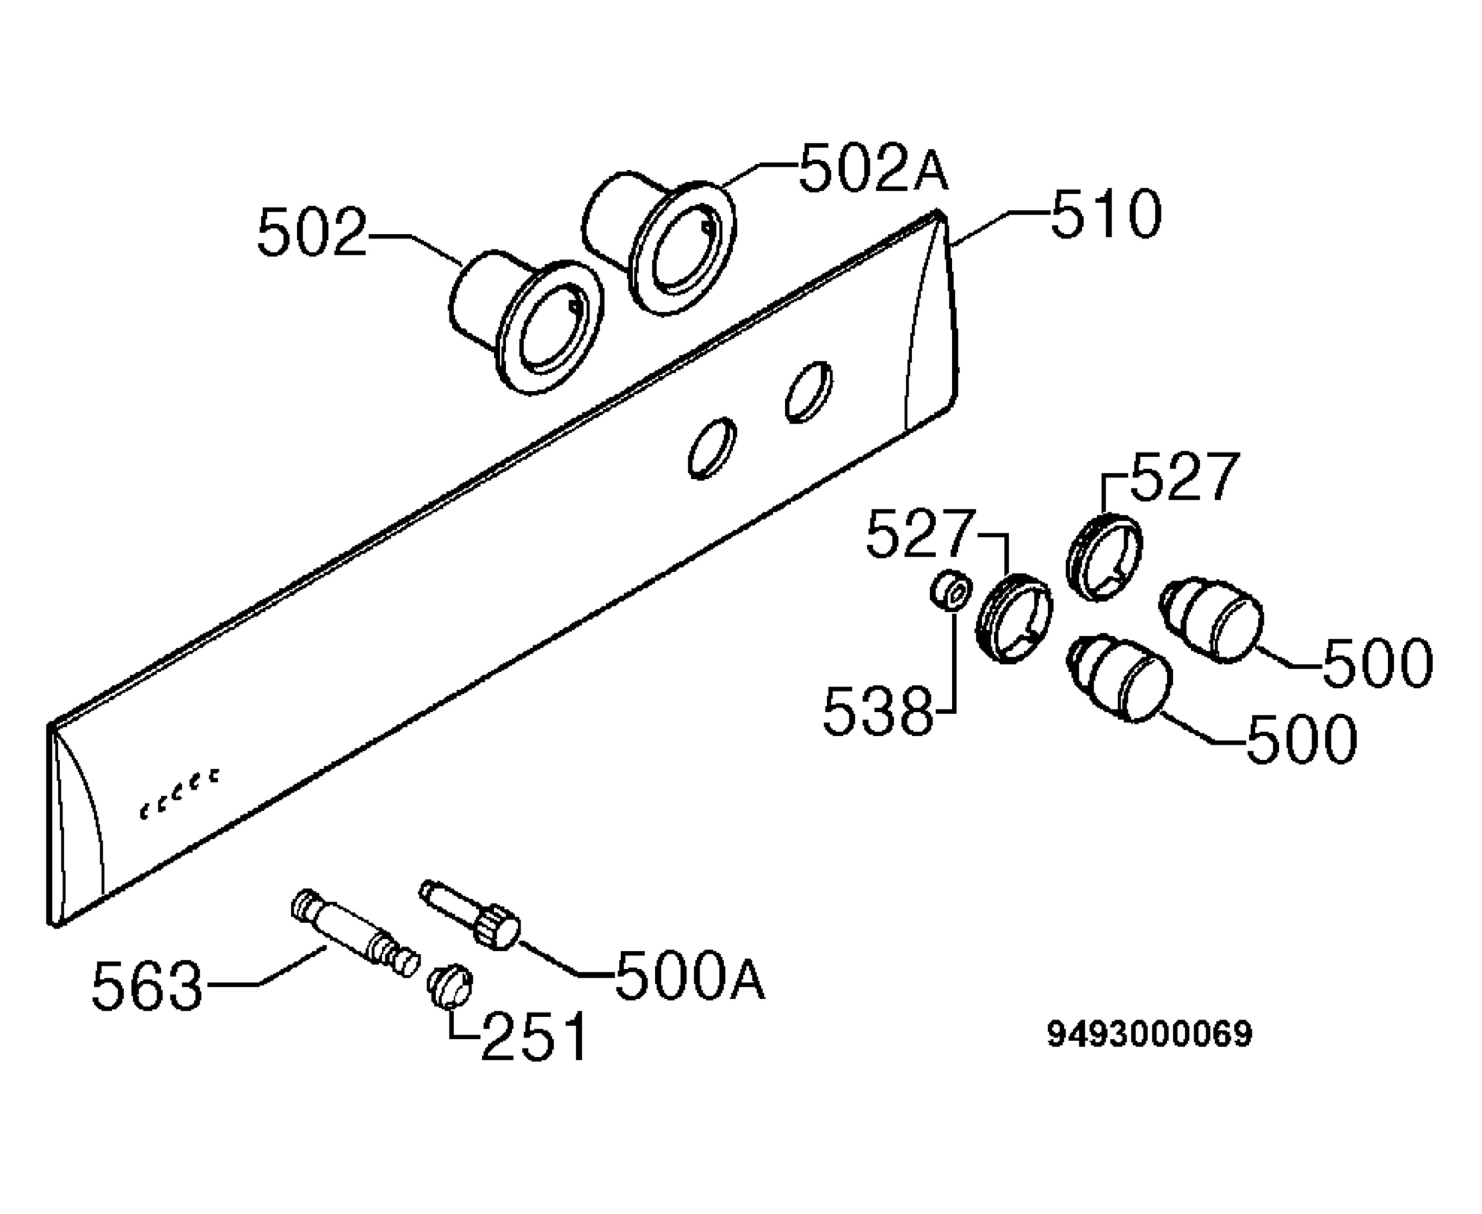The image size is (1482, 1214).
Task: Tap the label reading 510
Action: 1107,214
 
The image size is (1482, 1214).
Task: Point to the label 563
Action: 148,986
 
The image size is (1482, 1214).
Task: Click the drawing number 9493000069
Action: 1150,1034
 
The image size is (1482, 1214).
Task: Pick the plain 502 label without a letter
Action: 312,232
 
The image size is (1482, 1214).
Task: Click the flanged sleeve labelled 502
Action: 527,321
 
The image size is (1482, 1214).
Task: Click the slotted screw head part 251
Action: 450,986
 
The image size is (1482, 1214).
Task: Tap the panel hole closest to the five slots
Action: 712,448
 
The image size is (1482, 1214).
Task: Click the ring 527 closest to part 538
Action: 1014,618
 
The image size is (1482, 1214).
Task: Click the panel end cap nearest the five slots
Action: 75,824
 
